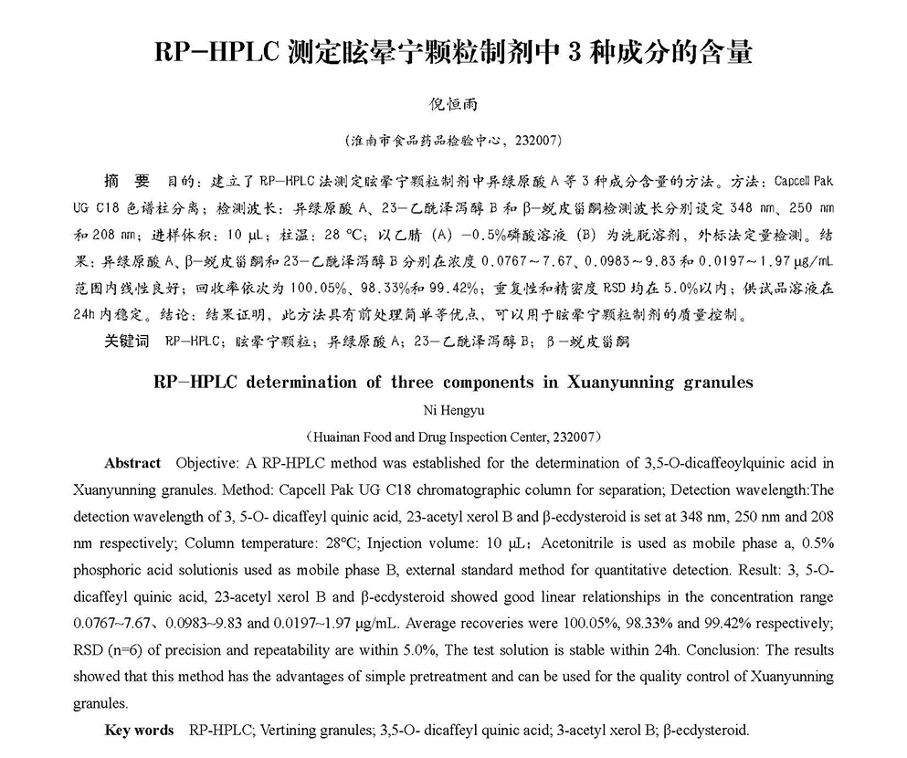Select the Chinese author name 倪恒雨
[453, 107]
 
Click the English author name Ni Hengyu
[453, 409]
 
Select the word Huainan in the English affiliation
[344, 436]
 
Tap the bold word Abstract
[132, 463]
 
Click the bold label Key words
[139, 730]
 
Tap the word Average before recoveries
[428, 624]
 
